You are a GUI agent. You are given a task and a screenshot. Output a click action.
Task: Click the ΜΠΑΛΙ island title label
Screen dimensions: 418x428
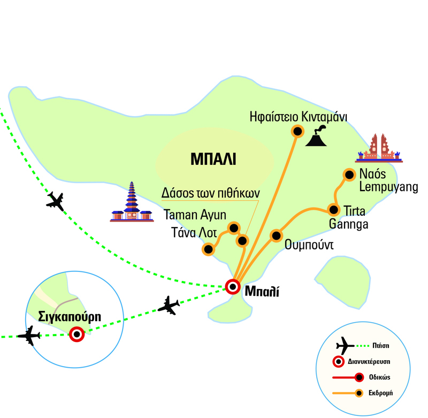pyautogui.click(x=213, y=159)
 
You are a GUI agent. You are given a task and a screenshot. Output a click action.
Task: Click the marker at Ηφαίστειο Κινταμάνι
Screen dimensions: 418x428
pyautogui.click(x=296, y=131)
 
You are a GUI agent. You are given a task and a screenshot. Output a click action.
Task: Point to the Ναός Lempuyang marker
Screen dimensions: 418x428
pyautogui.click(x=349, y=174)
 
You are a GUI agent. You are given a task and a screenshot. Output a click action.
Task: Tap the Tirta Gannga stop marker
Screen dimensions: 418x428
pyautogui.click(x=334, y=209)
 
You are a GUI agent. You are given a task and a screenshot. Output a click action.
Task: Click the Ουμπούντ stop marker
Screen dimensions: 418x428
pyautogui.click(x=276, y=235)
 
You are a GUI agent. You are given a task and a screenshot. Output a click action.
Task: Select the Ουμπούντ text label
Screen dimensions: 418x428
pyautogui.click(x=310, y=246)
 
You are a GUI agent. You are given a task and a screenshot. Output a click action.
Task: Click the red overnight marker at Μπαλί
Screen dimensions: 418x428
pyautogui.click(x=232, y=287)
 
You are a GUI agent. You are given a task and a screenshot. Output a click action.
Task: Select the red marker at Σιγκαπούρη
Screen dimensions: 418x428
pyautogui.click(x=77, y=335)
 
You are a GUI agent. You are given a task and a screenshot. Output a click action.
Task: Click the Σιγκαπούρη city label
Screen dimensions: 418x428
pyautogui.click(x=69, y=316)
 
